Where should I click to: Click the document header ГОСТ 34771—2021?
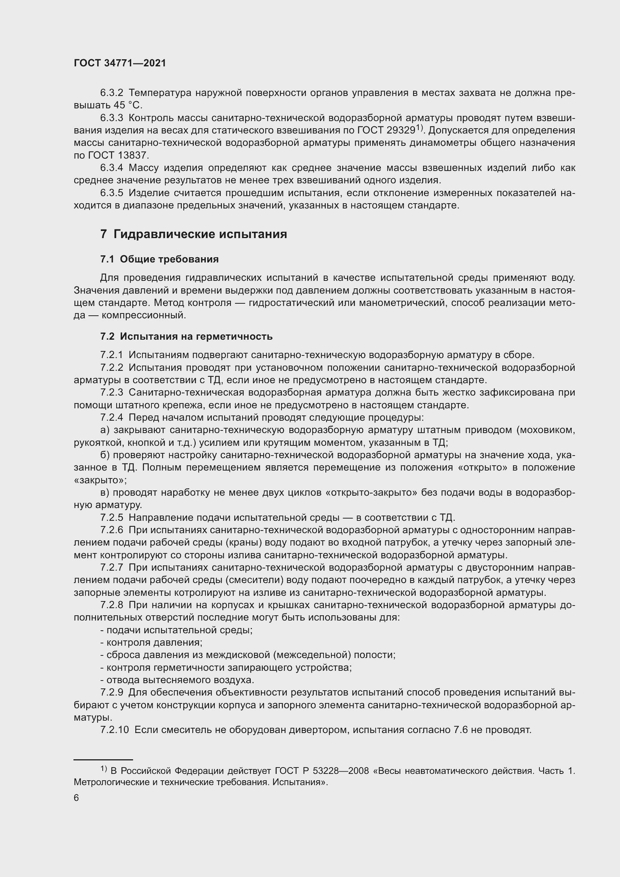(120, 63)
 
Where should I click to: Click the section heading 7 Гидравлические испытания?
(193, 234)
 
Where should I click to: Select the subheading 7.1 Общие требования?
(159, 259)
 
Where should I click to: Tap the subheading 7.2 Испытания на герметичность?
(186, 336)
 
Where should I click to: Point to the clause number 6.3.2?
(111, 93)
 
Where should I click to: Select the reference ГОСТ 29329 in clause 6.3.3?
(386, 130)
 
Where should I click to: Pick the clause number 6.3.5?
(111, 193)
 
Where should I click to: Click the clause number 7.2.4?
(111, 417)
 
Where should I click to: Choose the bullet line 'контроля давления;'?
(151, 643)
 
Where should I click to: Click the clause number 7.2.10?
(115, 730)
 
